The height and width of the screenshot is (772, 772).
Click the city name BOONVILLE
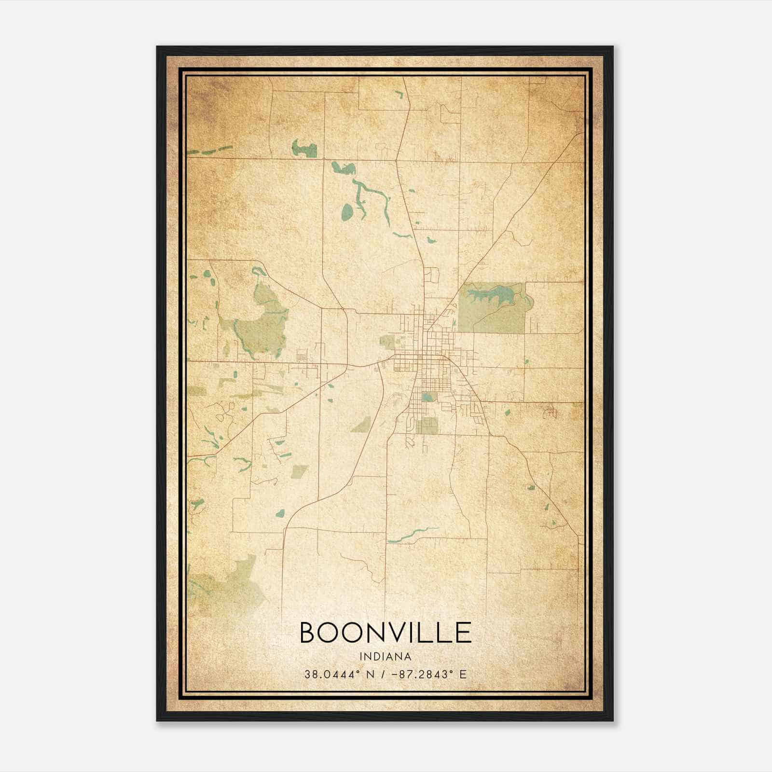(x=386, y=633)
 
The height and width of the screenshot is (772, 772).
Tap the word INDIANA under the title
(x=386, y=657)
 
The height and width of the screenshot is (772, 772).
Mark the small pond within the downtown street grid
(x=427, y=397)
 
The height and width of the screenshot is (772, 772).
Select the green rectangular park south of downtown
(x=427, y=425)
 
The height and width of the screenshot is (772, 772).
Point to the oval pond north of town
(x=347, y=210)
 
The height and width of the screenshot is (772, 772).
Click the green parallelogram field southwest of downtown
(x=361, y=425)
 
